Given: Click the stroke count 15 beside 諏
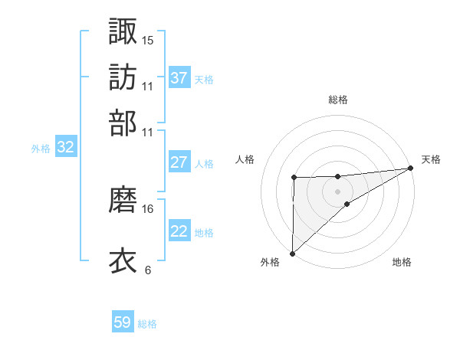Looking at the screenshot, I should [148, 40].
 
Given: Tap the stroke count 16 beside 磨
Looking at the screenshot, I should [148, 208].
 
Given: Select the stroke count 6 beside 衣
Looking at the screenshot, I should [148, 270].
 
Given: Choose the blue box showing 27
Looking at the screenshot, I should [179, 162].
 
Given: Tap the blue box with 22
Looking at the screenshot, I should [179, 231].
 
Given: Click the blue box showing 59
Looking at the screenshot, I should [123, 322].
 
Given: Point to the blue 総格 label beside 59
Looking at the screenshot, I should [147, 324].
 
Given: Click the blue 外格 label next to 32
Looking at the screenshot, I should [41, 149].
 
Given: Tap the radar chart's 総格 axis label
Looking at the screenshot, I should [338, 100].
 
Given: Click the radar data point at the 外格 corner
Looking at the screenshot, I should [292, 253].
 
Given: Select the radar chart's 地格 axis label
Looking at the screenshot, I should [402, 263].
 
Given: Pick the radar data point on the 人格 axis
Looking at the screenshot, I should [294, 178].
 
